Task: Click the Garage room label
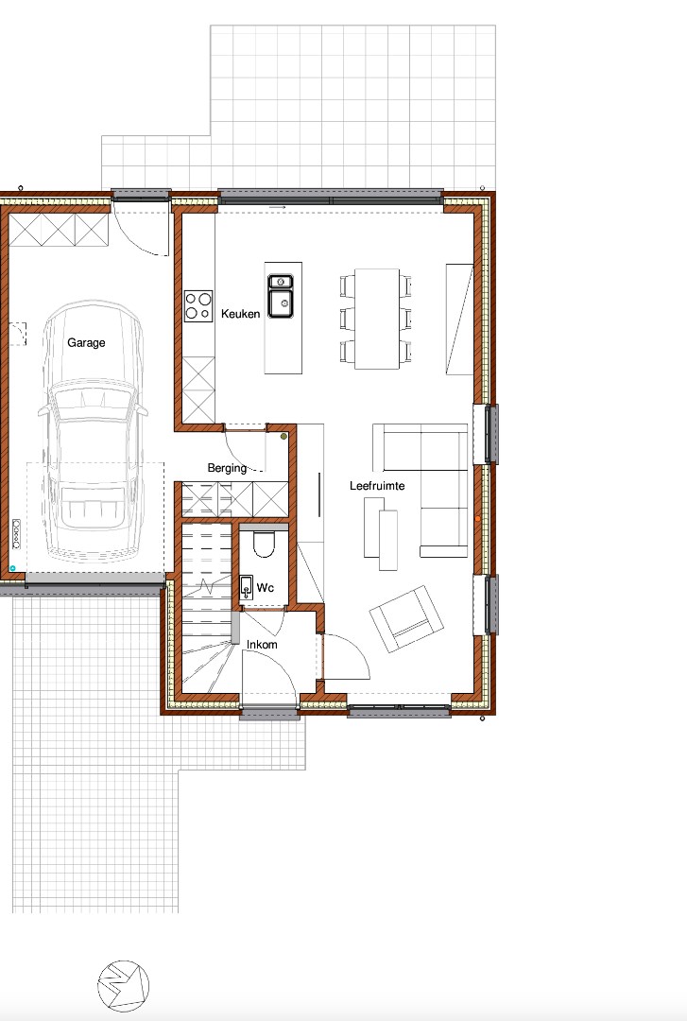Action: pos(86,342)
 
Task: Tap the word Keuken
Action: pos(240,314)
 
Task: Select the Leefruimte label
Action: pos(377,486)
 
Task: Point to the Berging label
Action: pos(227,468)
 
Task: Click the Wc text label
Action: pos(265,587)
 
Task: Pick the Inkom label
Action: pos(262,645)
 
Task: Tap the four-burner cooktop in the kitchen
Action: pos(198,306)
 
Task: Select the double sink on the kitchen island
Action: pos(280,296)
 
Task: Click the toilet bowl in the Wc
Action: pos(264,545)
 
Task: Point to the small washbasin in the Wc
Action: pos(246,587)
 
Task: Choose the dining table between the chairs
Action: pos(377,320)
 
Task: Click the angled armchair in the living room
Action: pos(406,618)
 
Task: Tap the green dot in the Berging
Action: pos(283,436)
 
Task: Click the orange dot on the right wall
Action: pos(478,519)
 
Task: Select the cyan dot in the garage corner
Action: pos(12,568)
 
